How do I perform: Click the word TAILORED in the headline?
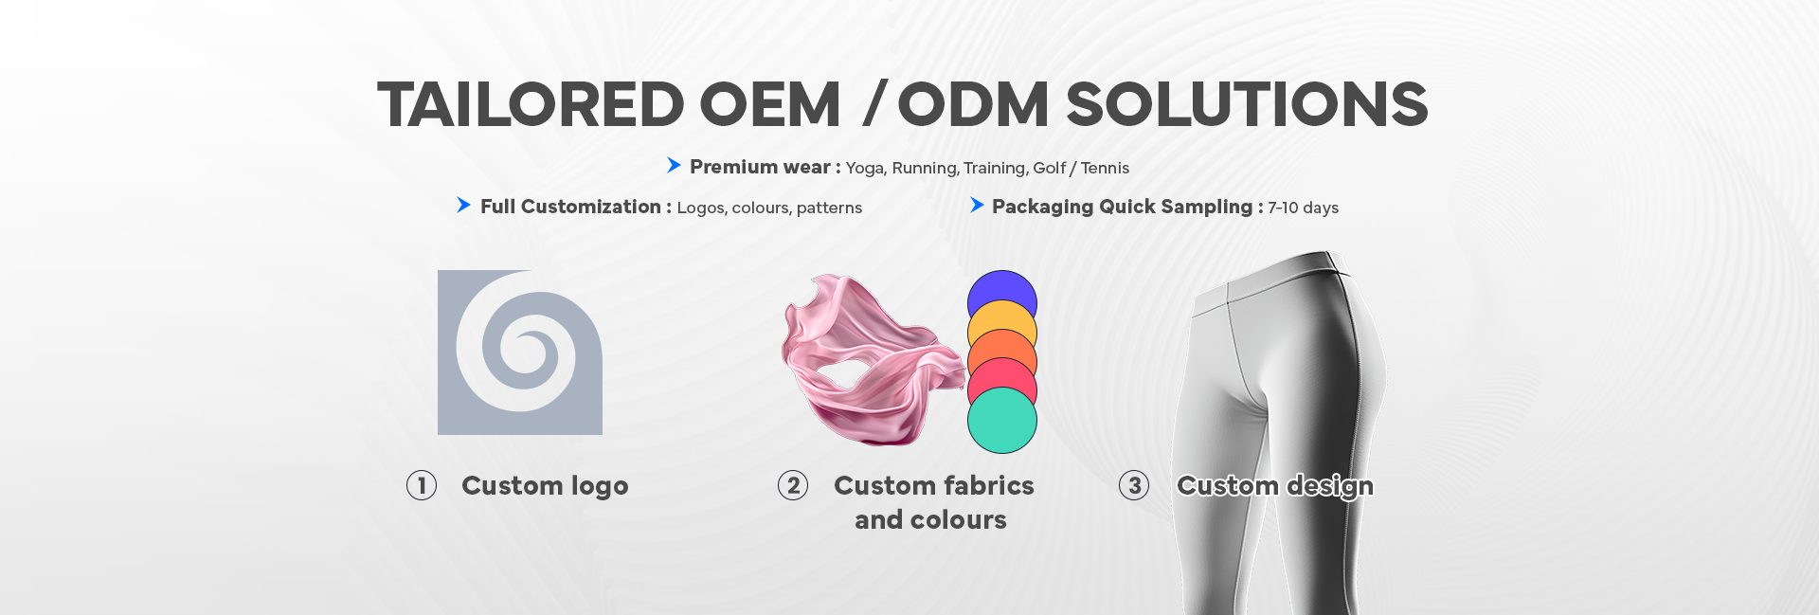[x=531, y=104]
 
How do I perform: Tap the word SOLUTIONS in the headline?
[x=1247, y=104]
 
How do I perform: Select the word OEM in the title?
[x=770, y=104]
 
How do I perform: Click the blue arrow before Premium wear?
[x=674, y=166]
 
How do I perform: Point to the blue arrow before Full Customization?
[x=463, y=205]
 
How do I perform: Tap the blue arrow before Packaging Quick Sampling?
[x=977, y=205]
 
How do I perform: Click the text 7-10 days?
[x=1303, y=208]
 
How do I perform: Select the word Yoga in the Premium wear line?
[x=865, y=169]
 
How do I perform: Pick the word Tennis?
[x=1105, y=168]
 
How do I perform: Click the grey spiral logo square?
[x=520, y=353]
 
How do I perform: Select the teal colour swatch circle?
[x=1002, y=421]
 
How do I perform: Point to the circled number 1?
[x=422, y=485]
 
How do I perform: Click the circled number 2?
[x=793, y=485]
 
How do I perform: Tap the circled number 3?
[x=1134, y=485]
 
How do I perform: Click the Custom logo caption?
[x=545, y=486]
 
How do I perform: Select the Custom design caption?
[x=1275, y=486]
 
